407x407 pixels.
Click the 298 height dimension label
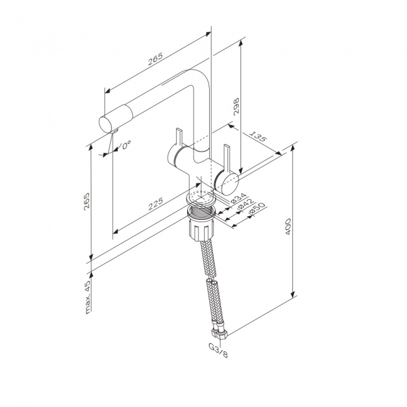point(236,106)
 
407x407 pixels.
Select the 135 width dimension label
point(258,136)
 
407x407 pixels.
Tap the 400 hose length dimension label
point(288,227)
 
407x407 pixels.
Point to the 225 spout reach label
point(155,203)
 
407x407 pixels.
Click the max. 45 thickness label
point(88,297)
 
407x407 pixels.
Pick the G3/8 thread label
point(219,350)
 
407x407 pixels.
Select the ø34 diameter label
point(239,198)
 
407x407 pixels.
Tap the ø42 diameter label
point(246,203)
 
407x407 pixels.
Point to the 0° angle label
point(126,145)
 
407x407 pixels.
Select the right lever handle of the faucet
point(227,158)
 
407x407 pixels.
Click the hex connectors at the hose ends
point(220,332)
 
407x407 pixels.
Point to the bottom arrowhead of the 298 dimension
point(240,170)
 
